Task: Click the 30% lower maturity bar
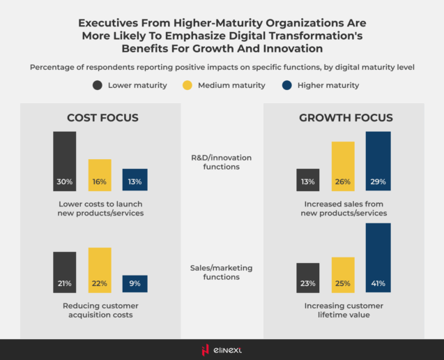[65, 161]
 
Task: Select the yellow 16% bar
[100, 175]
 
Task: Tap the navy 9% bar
[135, 283]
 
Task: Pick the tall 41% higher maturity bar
[378, 257]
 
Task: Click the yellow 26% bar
[343, 166]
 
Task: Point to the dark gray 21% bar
[65, 272]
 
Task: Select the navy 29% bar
[378, 161]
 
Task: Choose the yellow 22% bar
[100, 270]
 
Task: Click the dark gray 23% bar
[308, 278]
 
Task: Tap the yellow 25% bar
[343, 275]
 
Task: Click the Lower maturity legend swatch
[98, 86]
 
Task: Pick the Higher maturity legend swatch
[287, 86]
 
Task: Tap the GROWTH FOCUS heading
[346, 118]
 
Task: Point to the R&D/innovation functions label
[222, 162]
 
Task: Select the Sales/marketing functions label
[222, 272]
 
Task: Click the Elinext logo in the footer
[222, 350]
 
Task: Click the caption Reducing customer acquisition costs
[100, 310]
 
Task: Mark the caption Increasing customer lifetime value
[343, 310]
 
